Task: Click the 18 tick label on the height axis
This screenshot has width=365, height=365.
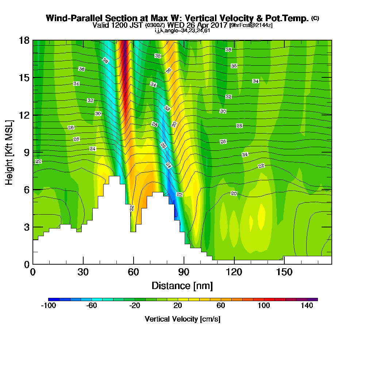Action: click(24, 40)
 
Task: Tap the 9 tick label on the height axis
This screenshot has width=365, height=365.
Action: click(26, 152)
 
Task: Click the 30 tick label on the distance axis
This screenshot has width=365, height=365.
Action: click(83, 272)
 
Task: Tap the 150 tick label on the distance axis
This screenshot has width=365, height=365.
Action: click(284, 272)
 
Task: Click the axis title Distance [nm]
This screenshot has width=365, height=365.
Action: click(182, 285)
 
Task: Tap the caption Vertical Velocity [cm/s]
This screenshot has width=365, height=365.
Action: click(182, 319)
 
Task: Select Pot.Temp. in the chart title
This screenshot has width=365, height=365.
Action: click(291, 18)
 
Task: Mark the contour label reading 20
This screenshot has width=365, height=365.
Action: click(234, 193)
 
